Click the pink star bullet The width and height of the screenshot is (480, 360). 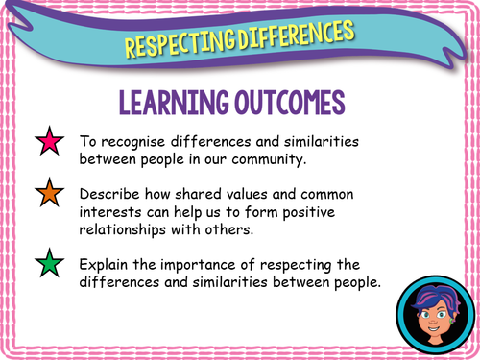pos(49,144)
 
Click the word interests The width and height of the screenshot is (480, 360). pos(116,208)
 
